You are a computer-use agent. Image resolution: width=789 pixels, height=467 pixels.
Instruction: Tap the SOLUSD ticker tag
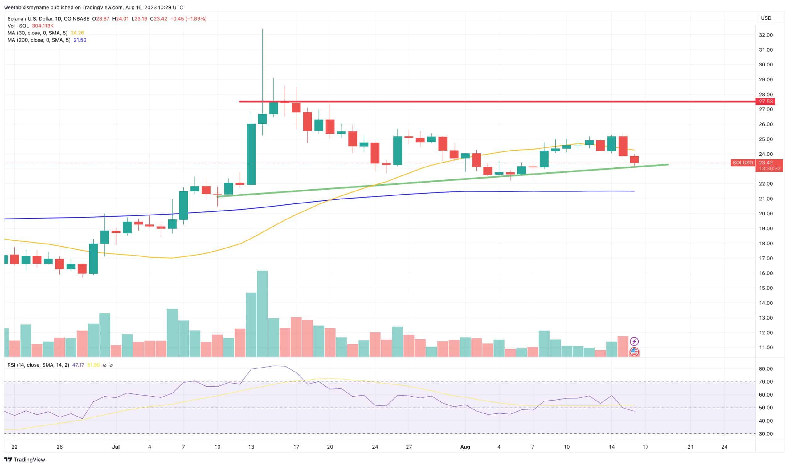pos(742,163)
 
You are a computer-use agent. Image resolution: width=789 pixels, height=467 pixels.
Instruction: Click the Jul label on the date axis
pos(116,447)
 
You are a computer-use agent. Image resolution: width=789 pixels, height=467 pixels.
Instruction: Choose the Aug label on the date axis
pos(465,447)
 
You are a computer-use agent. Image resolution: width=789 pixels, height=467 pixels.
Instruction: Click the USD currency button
pos(766,18)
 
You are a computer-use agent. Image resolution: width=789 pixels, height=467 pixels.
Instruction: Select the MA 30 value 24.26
pos(77,33)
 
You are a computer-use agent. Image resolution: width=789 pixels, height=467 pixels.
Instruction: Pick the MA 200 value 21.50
pos(80,40)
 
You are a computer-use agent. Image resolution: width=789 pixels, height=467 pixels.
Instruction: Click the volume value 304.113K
pos(43,26)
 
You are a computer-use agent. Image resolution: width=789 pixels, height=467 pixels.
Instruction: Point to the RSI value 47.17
pos(78,365)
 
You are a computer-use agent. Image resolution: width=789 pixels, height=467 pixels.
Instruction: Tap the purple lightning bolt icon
pos(634,341)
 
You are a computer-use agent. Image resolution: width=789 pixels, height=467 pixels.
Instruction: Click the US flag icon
pos(634,352)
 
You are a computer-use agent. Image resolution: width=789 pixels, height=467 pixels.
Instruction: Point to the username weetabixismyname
pos(27,7)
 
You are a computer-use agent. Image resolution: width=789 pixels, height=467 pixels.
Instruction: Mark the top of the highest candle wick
pos(262,29)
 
